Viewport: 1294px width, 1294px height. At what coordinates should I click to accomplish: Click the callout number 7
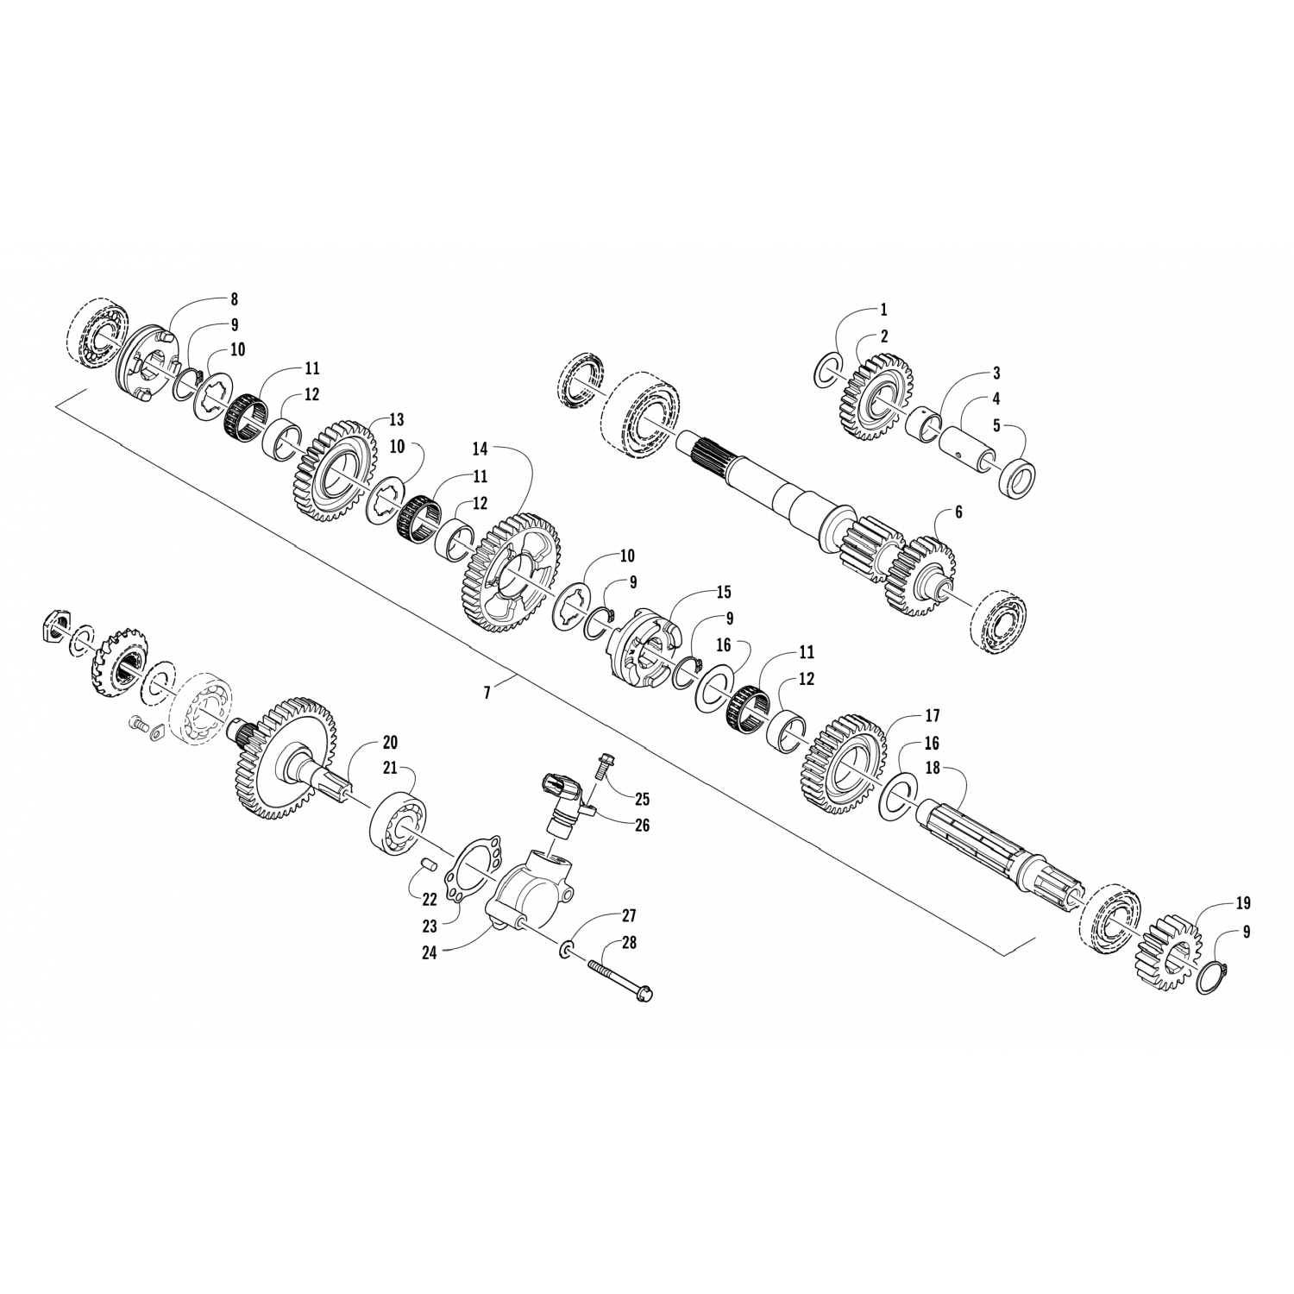coord(487,692)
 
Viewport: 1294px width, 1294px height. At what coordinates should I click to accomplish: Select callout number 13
coord(396,420)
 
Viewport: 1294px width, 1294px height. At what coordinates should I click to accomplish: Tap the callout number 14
coord(480,449)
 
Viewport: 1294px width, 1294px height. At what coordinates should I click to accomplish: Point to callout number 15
coord(723,592)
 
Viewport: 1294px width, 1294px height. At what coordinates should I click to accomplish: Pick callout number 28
coord(629,943)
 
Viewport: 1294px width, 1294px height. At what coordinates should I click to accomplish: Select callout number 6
coord(958,512)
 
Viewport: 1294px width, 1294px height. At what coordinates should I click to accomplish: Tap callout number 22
coord(430,898)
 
